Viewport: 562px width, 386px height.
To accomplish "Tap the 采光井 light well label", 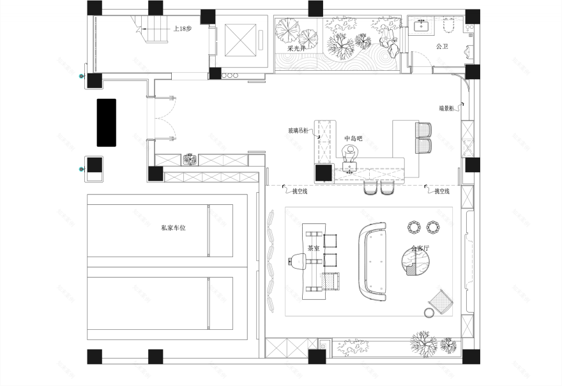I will [296, 48].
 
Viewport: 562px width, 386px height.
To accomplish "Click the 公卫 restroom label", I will [443, 47].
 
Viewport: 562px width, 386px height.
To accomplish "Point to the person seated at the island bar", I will [350, 154].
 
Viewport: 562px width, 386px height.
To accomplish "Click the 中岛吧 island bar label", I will [353, 138].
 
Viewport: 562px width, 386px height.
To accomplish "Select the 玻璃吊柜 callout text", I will [298, 131].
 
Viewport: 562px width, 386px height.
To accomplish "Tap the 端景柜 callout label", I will [446, 108].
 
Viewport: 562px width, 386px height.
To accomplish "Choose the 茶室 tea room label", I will [313, 249].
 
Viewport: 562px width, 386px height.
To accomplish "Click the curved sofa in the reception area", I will [374, 262].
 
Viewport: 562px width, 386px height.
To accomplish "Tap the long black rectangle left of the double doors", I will [106, 122].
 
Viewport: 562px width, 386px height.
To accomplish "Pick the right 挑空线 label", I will [442, 191].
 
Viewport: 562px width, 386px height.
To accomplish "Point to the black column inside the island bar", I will [324, 172].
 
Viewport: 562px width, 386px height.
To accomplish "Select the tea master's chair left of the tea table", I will [298, 262].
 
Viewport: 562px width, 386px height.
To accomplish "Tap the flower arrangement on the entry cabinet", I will [190, 160].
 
